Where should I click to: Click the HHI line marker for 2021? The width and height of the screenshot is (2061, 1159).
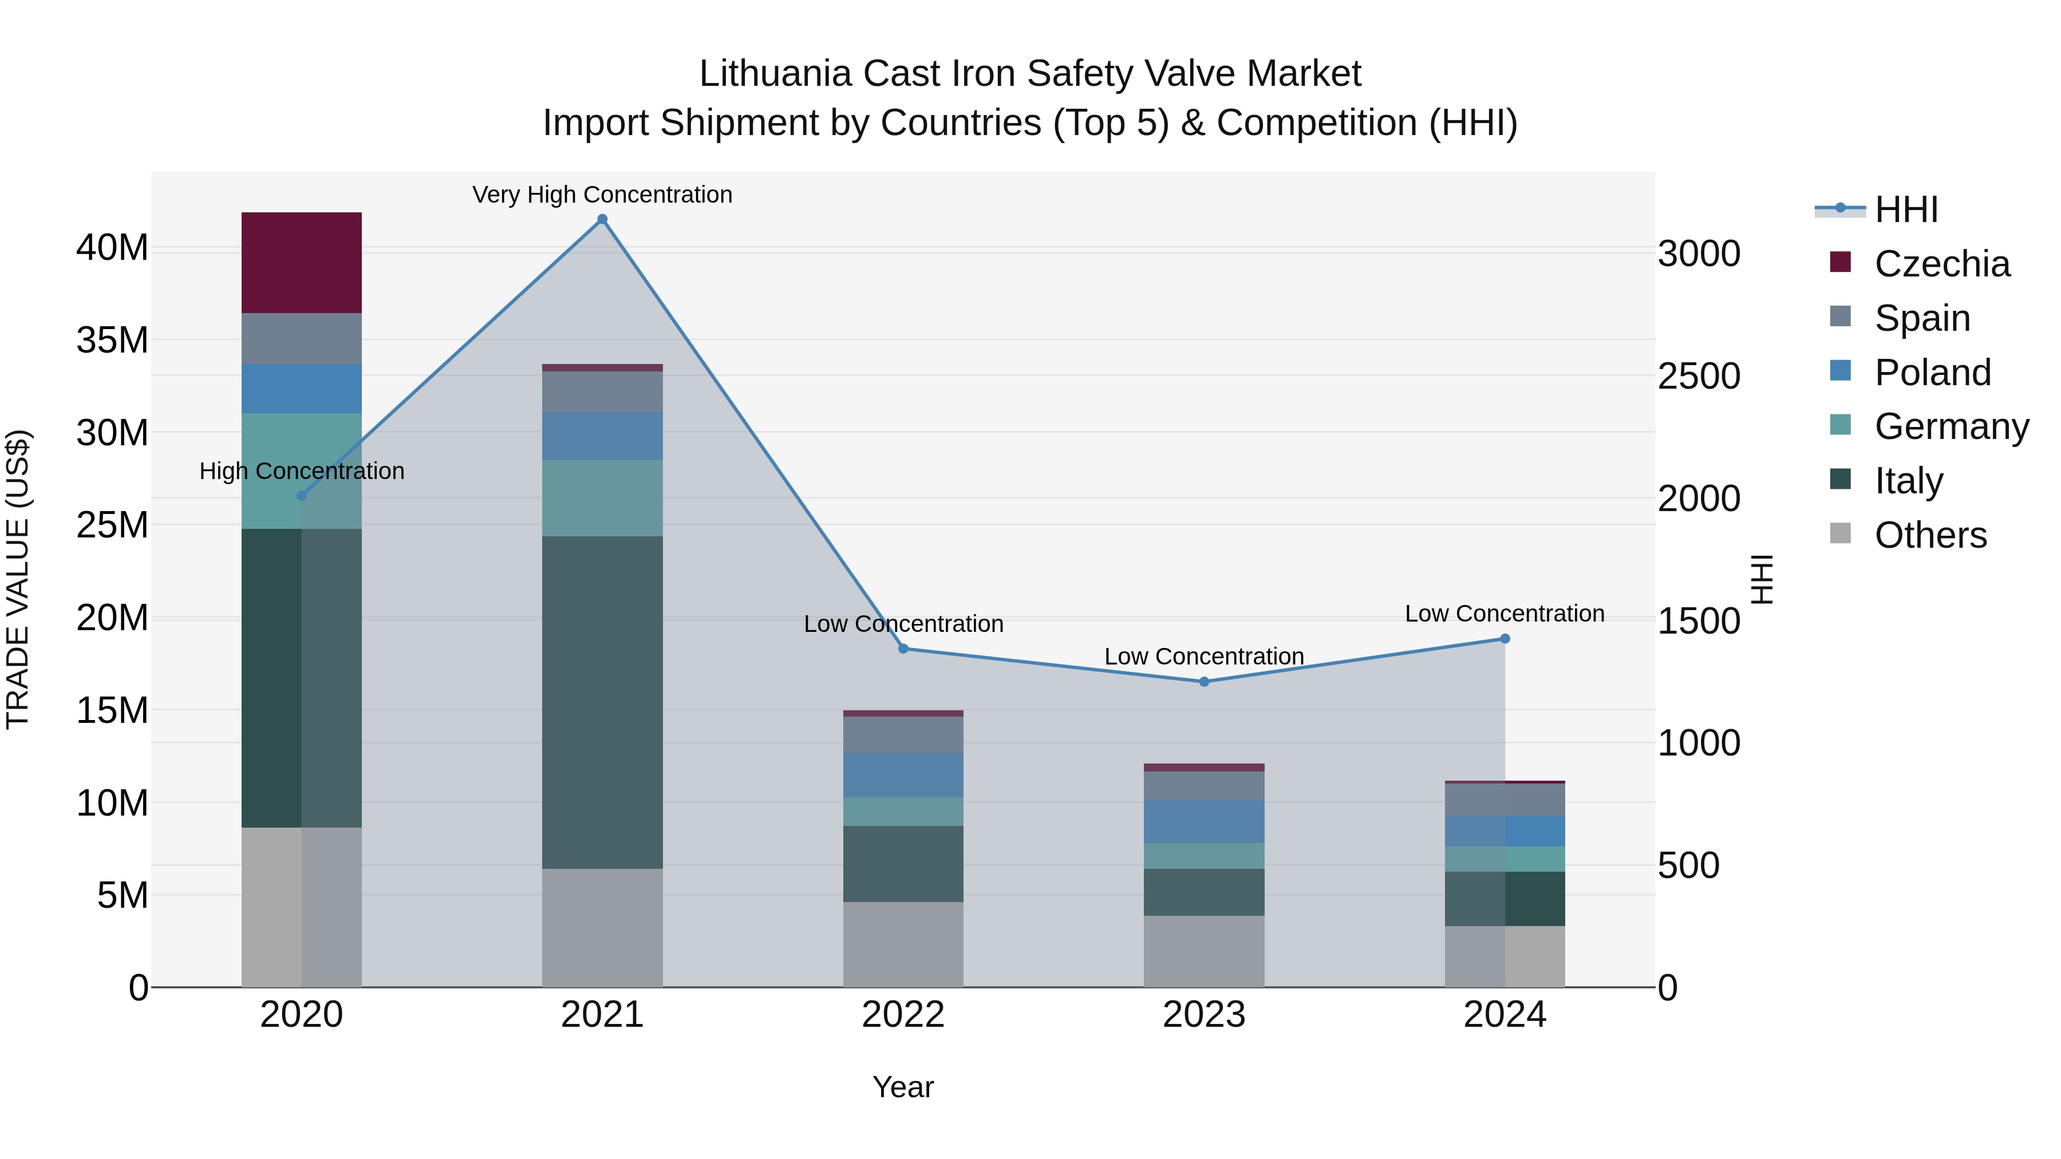602,219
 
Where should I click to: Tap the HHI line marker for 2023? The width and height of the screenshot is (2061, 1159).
1204,682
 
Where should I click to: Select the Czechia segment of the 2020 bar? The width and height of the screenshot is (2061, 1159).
302,262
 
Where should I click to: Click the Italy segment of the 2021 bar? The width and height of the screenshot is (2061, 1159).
602,702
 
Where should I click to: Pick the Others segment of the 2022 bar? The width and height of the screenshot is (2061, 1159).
903,944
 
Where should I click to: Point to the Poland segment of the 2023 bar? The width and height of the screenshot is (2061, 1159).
1204,821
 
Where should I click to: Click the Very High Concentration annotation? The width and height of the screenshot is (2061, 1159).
602,195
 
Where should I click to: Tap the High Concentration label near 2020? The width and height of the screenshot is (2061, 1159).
302,471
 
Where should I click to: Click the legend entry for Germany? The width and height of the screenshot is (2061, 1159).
1952,426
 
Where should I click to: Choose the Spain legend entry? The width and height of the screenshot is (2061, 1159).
1922,318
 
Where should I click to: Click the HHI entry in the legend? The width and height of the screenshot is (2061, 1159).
1906,209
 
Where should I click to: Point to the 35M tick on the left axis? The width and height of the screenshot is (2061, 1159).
112,341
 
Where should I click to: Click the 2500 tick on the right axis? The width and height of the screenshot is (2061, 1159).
1699,376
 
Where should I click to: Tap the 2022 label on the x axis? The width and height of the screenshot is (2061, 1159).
903,1015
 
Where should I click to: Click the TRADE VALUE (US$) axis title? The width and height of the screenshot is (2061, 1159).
18,579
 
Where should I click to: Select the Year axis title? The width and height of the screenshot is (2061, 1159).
903,1087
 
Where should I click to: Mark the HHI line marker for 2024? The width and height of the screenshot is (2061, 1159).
1505,638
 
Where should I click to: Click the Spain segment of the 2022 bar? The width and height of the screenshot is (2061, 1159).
903,734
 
